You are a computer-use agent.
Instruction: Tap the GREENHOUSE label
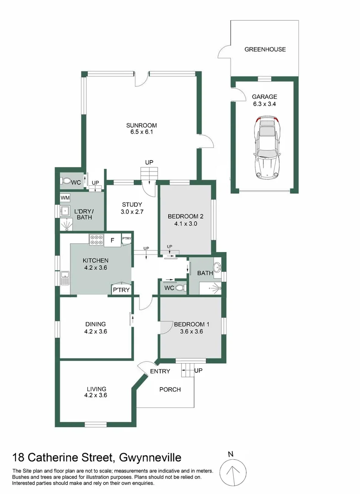(x=265, y=49)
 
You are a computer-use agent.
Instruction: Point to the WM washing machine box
(x=65, y=198)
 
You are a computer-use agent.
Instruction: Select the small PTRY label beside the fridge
(x=127, y=239)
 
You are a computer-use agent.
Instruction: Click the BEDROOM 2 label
(x=185, y=216)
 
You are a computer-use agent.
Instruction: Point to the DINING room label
(x=95, y=324)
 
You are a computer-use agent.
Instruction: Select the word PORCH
(x=170, y=390)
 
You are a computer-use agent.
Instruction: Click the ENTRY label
(x=160, y=371)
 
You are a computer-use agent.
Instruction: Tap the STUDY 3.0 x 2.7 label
(x=132, y=208)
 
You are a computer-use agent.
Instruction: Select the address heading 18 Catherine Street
(x=97, y=457)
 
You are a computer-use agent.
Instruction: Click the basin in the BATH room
(x=217, y=267)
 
